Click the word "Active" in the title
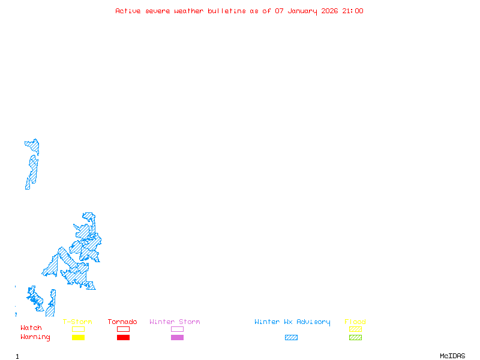click(128, 11)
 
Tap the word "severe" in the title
click(158, 11)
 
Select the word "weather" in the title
click(190, 11)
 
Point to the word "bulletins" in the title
click(227, 11)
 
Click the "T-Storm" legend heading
click(77, 322)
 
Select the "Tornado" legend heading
click(122, 322)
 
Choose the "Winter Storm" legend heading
click(175, 322)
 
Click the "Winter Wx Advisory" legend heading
click(292, 322)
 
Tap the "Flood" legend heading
click(355, 322)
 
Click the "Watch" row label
click(31, 328)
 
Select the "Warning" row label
click(35, 337)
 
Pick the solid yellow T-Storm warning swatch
click(78, 338)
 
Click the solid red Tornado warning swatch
click(123, 338)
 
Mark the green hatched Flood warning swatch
click(355, 338)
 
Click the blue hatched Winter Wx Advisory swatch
click(291, 338)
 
